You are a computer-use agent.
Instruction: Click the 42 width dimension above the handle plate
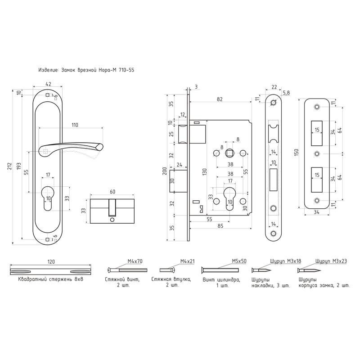pyautogui.click(x=48, y=84)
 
